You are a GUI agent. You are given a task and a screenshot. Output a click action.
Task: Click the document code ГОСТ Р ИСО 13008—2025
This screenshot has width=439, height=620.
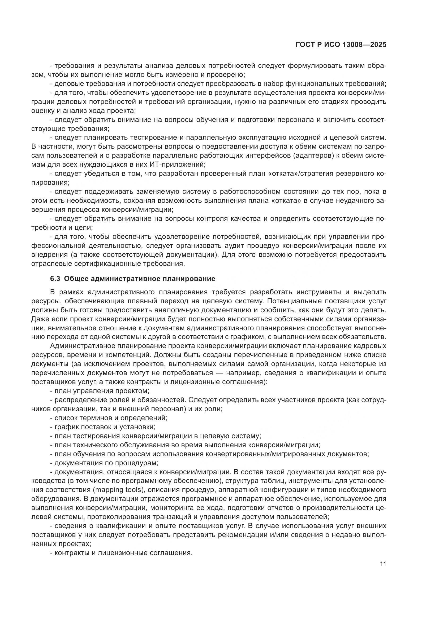341,45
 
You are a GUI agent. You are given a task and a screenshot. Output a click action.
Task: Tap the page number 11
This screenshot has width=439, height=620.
383,564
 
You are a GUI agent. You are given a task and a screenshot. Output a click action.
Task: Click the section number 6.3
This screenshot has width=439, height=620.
55,279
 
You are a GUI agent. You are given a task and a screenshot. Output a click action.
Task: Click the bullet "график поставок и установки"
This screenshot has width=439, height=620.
103,427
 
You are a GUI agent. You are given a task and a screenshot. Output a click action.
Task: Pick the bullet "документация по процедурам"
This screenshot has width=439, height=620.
104,463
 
